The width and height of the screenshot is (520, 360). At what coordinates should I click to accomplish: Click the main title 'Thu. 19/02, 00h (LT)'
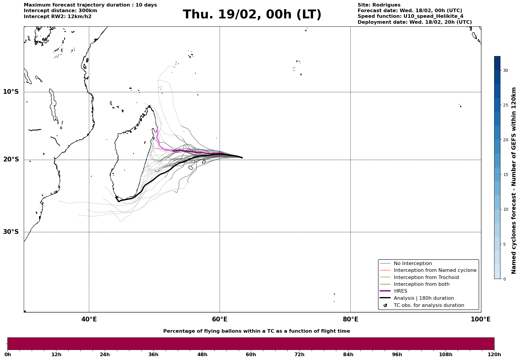(x=252, y=15)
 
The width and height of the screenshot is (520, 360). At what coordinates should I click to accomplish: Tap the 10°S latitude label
(x=11, y=92)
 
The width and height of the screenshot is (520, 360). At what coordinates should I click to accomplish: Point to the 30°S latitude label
(x=11, y=232)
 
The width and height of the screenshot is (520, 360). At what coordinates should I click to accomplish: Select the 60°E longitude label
(x=220, y=320)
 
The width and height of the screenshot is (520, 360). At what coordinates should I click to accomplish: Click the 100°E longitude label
(x=480, y=320)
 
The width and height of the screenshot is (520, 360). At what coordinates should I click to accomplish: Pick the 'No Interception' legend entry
(x=413, y=264)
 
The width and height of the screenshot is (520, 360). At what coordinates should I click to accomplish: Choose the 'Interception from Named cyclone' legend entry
(x=435, y=270)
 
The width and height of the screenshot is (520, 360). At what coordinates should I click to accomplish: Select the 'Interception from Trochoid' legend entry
(x=426, y=277)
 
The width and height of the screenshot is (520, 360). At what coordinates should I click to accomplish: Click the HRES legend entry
(x=400, y=291)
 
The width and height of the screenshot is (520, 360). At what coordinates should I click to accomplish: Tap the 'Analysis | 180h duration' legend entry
(x=424, y=298)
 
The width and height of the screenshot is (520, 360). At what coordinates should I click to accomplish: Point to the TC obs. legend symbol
(x=385, y=305)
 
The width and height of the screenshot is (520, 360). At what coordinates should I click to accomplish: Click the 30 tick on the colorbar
(x=505, y=70)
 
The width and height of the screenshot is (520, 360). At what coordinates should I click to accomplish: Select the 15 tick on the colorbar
(x=505, y=175)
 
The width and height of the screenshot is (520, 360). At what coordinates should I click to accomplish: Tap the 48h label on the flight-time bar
(x=202, y=355)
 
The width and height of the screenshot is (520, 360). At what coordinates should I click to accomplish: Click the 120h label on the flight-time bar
(x=494, y=355)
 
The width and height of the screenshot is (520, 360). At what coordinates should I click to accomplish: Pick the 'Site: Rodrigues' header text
(x=379, y=5)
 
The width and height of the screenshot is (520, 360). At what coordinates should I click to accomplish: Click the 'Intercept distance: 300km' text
(x=60, y=11)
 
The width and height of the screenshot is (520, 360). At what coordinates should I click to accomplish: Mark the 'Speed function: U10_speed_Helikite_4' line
(x=410, y=16)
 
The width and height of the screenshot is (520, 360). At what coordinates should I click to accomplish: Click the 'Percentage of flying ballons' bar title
(x=256, y=331)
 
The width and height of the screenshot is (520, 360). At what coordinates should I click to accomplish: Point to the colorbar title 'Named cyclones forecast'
(x=514, y=180)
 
